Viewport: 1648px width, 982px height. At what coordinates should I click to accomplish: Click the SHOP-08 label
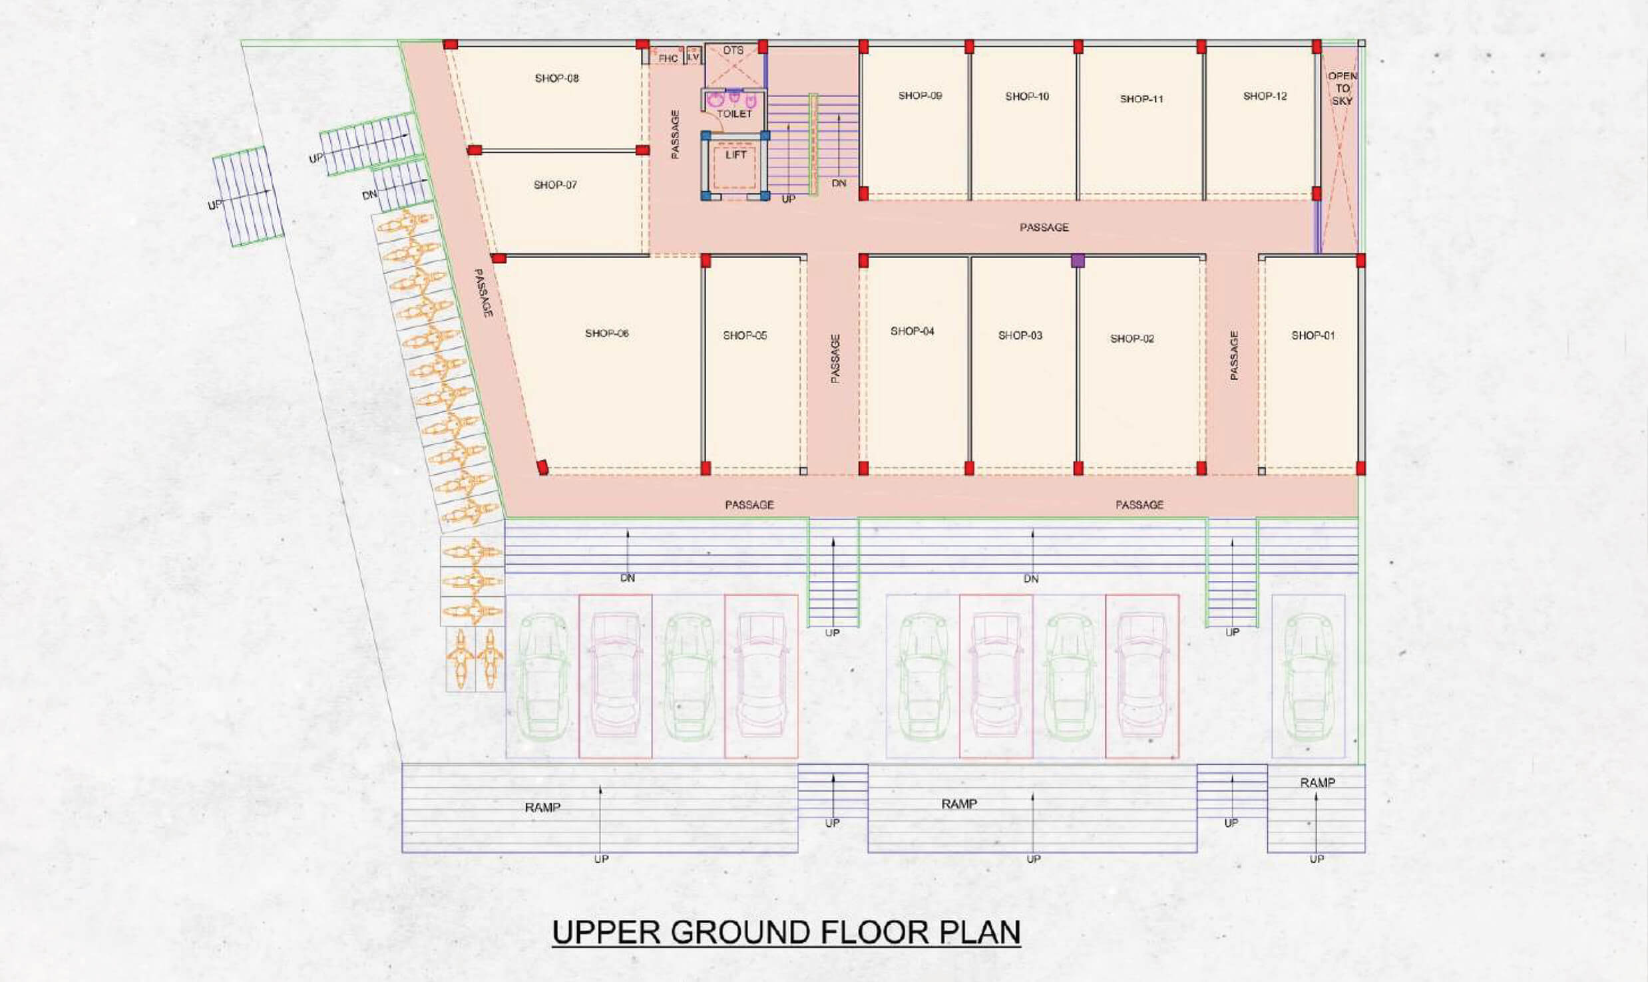(x=556, y=79)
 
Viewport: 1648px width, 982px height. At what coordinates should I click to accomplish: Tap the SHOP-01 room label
(x=1313, y=336)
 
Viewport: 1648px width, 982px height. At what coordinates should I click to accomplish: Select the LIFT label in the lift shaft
(x=735, y=155)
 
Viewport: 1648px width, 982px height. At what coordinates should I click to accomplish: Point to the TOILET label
(x=734, y=114)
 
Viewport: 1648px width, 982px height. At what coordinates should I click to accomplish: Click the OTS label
(x=733, y=51)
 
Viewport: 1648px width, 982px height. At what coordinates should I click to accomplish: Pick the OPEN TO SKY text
(x=1342, y=88)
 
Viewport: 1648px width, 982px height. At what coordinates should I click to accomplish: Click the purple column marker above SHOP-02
(x=1078, y=261)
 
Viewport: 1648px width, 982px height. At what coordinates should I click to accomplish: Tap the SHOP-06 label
(x=606, y=333)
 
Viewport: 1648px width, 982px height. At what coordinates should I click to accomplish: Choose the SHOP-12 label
(x=1265, y=96)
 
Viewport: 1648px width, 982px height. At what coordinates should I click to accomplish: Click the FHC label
(x=668, y=59)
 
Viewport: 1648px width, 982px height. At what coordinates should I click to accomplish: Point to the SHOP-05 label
(x=745, y=336)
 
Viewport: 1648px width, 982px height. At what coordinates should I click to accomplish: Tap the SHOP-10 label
(x=1027, y=96)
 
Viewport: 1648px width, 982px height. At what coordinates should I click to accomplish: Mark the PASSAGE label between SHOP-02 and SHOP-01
(x=1233, y=355)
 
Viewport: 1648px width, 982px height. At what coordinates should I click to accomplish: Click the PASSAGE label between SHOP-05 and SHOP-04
(x=835, y=359)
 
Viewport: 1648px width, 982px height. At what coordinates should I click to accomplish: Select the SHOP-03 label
(x=1020, y=336)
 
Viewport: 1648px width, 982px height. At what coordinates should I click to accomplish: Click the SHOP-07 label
(x=555, y=185)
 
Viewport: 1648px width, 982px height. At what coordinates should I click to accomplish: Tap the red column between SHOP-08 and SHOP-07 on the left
(x=474, y=150)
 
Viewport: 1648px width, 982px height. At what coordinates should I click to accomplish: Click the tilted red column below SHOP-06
(x=543, y=468)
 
